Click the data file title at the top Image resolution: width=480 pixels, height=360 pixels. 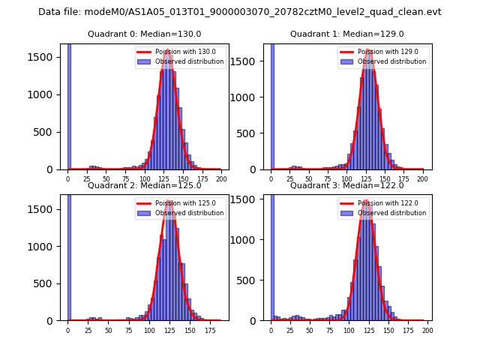coord(240,12)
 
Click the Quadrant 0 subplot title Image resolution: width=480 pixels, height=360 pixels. coord(144,34)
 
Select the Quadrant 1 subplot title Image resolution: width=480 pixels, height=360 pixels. coord(346,34)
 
